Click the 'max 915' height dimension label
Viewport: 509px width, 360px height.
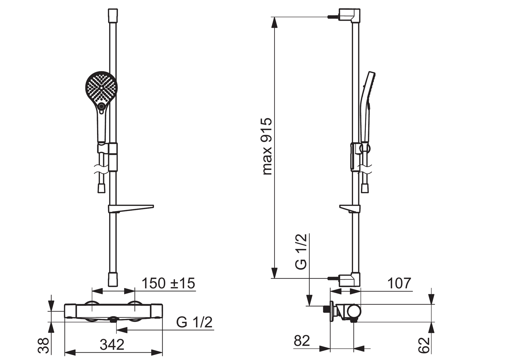pyautogui.click(x=267, y=146)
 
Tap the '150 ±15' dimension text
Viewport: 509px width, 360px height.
pyautogui.click(x=168, y=283)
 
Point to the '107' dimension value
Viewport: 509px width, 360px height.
pyautogui.click(x=399, y=283)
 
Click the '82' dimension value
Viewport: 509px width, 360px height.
pyautogui.click(x=302, y=341)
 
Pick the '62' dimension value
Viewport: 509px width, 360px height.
pyautogui.click(x=424, y=345)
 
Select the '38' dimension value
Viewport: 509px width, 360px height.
pyautogui.click(x=43, y=345)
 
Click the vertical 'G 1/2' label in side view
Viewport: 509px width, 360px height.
pyautogui.click(x=301, y=252)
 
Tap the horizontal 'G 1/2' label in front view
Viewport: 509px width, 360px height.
pyautogui.click(x=194, y=322)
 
